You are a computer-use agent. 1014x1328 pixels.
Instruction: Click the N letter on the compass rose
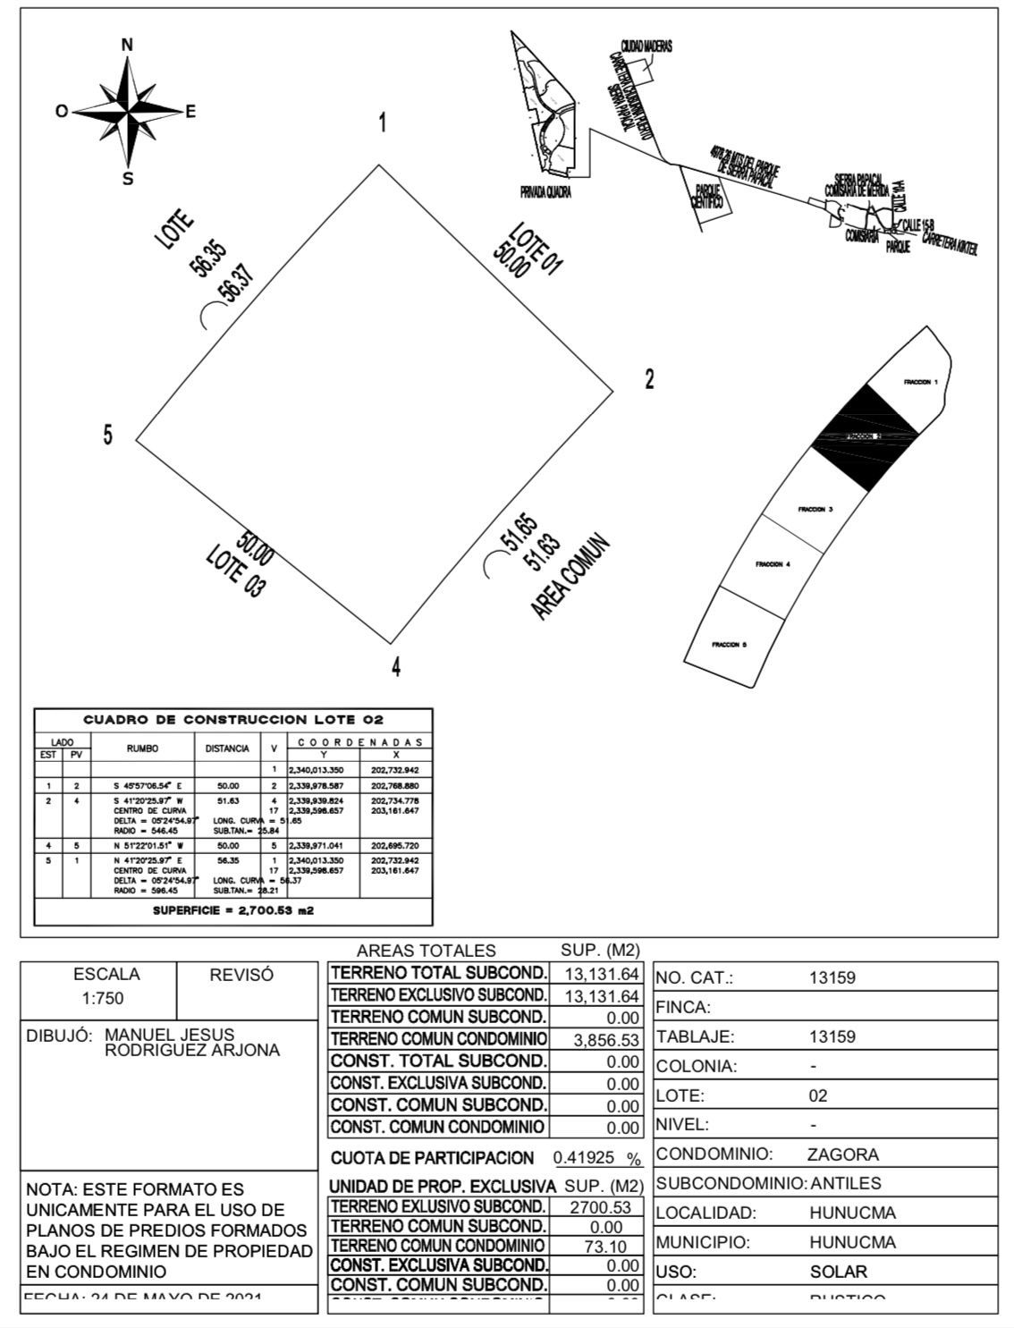tap(127, 45)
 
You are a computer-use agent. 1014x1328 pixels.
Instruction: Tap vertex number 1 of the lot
tap(383, 123)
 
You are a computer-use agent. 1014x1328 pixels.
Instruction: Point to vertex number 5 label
tap(108, 436)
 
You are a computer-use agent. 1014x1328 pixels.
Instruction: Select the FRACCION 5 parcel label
tap(729, 645)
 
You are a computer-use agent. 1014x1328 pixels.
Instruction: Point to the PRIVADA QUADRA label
tap(545, 192)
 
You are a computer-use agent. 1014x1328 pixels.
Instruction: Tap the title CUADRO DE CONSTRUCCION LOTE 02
tap(233, 720)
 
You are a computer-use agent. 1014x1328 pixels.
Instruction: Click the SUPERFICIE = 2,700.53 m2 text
tap(233, 911)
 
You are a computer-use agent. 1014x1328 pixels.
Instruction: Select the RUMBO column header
tap(142, 749)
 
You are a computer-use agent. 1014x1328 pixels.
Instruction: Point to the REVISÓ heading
tap(241, 976)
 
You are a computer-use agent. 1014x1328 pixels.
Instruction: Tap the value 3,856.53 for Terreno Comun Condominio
tap(607, 1040)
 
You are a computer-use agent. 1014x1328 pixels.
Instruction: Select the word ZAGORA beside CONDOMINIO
tap(842, 1155)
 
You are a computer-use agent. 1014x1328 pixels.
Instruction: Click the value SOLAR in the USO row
tap(838, 1272)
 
